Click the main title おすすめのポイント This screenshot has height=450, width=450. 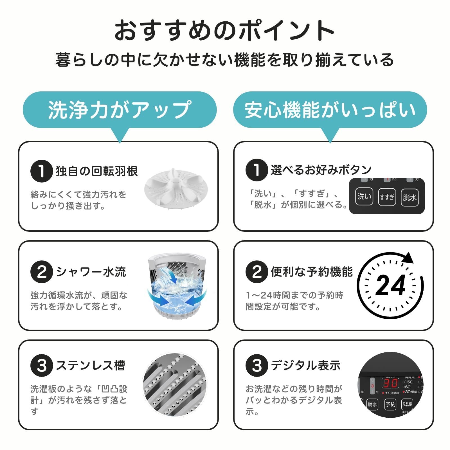pyautogui.click(x=224, y=30)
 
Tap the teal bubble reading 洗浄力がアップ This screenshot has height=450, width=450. pyautogui.click(x=120, y=110)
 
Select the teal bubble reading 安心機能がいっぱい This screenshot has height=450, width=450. pyautogui.click(x=330, y=110)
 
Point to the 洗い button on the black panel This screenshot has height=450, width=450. pyautogui.click(x=364, y=197)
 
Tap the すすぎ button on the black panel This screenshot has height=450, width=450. pyautogui.click(x=387, y=197)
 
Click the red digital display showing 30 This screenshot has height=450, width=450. pyautogui.click(x=390, y=383)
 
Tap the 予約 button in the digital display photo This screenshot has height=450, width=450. pyautogui.click(x=390, y=404)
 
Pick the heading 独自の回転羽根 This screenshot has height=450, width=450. pyautogui.click(x=97, y=171)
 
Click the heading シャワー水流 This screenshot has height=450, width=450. pyautogui.click(x=91, y=272)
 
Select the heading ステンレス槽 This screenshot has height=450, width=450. pyautogui.click(x=90, y=365)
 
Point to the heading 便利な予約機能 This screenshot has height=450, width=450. pyautogui.click(x=312, y=272)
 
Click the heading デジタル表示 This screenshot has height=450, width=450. pyautogui.click(x=306, y=365)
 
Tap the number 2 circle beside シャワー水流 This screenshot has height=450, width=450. pyautogui.click(x=42, y=272)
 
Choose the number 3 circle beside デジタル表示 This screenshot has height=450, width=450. pyautogui.click(x=256, y=366)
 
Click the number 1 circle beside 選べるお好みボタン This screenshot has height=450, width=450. pyautogui.click(x=256, y=170)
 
